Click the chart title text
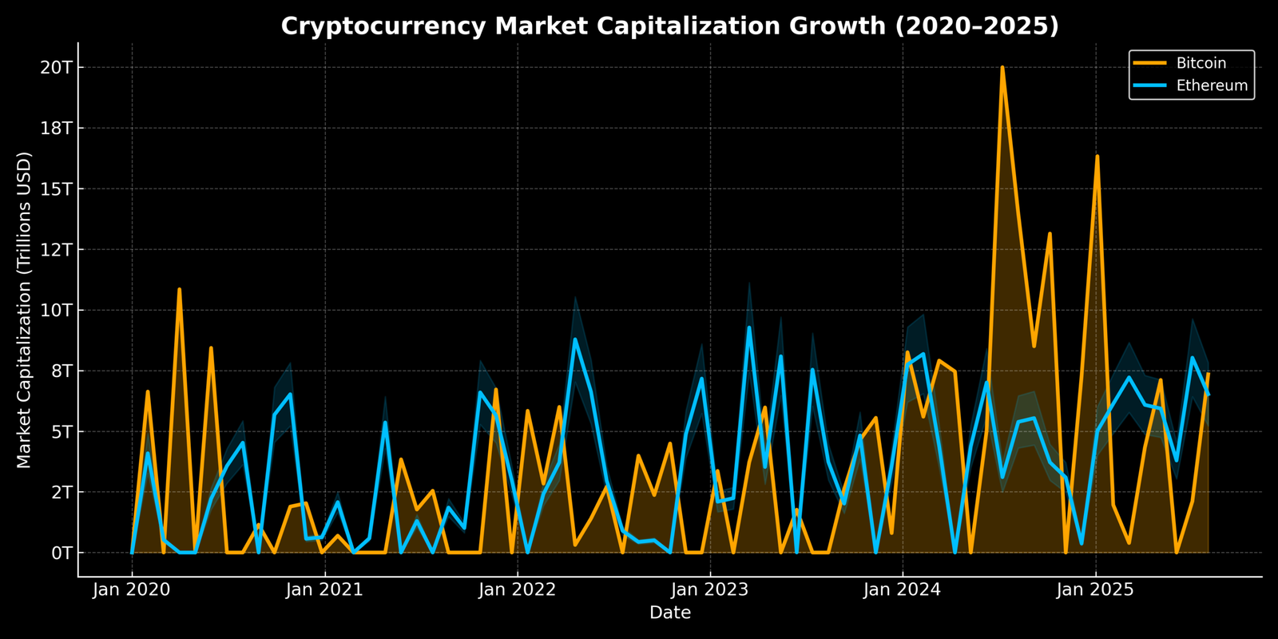tap(669, 26)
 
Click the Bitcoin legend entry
tap(1201, 63)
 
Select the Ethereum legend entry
tap(1211, 85)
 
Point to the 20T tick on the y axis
tap(56, 67)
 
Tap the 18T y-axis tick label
tap(56, 128)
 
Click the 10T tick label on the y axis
tap(56, 310)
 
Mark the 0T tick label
tap(61, 553)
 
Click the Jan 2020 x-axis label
tap(132, 590)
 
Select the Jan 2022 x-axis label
tap(518, 590)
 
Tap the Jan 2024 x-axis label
tap(903, 590)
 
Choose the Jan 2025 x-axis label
tap(1095, 590)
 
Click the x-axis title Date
tap(669, 613)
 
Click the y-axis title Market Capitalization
tap(24, 310)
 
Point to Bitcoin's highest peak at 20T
tap(1002, 68)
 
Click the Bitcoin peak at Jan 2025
tap(1097, 157)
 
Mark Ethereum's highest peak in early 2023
tap(748, 327)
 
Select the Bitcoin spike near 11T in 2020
tap(179, 289)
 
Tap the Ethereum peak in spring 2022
tap(574, 339)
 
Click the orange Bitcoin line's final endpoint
tap(1208, 374)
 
